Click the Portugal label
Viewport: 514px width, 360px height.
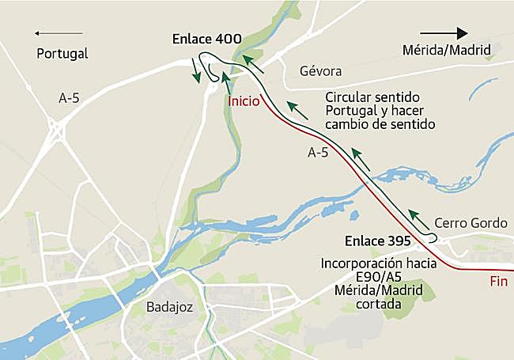(62, 54)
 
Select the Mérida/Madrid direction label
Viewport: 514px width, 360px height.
(447, 51)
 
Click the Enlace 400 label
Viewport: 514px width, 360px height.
(207, 39)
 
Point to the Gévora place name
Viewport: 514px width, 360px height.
(320, 70)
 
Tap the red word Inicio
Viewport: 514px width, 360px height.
(244, 101)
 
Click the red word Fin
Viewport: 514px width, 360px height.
(498, 281)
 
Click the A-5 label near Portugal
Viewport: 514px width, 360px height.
(70, 98)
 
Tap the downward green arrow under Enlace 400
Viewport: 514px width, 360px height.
(196, 75)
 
